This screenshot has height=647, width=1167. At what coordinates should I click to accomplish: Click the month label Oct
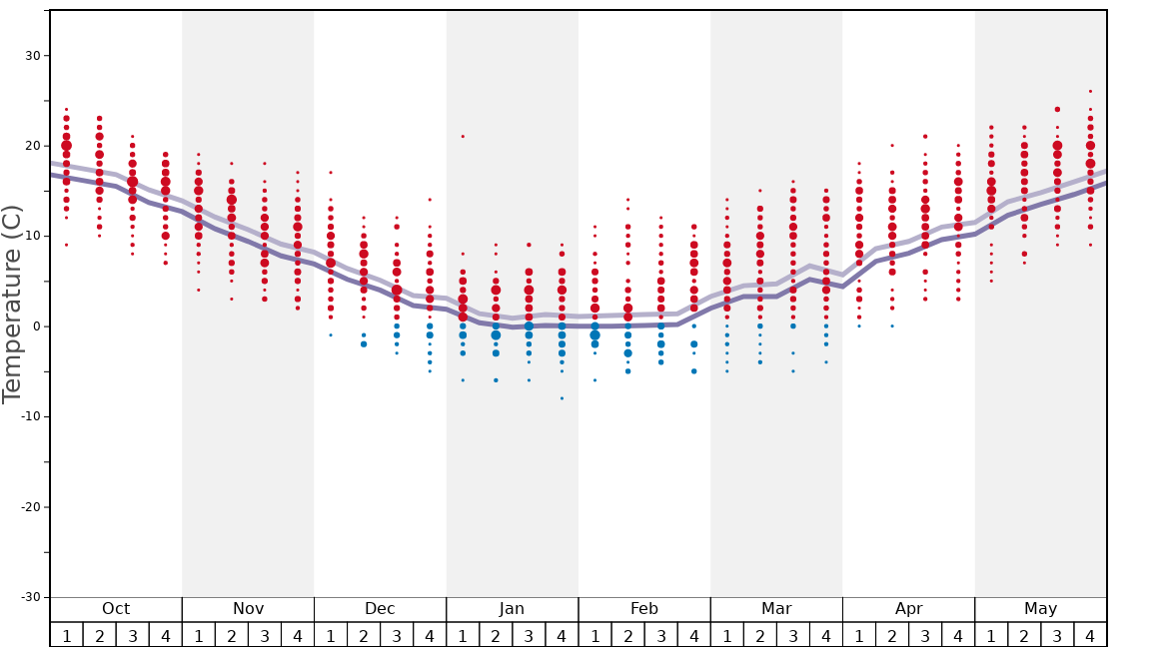tap(116, 609)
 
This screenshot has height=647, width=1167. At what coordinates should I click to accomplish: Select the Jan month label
tap(512, 609)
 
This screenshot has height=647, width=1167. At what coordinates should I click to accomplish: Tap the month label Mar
tap(776, 609)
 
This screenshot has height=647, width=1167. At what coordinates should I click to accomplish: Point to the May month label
tap(1040, 609)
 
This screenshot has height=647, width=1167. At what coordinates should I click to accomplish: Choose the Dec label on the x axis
tap(380, 609)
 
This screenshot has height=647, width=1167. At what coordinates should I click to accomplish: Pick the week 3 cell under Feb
tap(660, 635)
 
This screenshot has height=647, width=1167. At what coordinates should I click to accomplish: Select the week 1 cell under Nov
tap(199, 635)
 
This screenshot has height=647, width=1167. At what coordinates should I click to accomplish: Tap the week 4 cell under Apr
tap(958, 635)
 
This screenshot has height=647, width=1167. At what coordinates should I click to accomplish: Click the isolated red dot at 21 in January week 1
tap(463, 137)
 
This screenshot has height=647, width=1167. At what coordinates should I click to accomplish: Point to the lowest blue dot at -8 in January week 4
tap(562, 398)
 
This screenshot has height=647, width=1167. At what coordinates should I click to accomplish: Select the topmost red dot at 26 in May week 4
tap(1090, 91)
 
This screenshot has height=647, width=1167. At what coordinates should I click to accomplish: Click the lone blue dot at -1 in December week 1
tap(331, 335)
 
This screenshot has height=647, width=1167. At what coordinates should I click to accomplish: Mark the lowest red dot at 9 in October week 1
tap(67, 245)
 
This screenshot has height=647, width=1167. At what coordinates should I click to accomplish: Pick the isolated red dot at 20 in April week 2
tap(892, 146)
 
